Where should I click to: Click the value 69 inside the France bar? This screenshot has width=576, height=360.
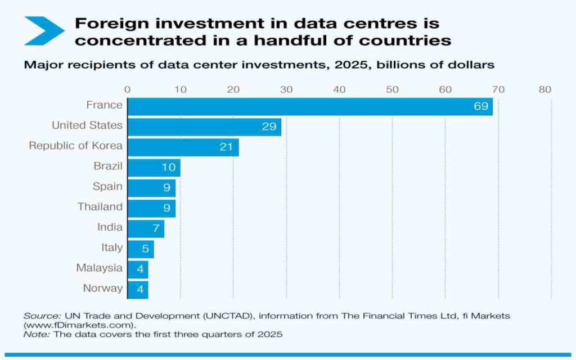click(x=480, y=106)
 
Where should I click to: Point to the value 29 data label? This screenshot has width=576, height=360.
click(x=269, y=127)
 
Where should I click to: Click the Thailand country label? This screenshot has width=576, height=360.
click(x=100, y=206)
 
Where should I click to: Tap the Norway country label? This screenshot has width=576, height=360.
click(x=102, y=288)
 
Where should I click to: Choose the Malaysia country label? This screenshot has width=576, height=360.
click(x=99, y=268)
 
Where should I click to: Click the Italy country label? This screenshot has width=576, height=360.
click(x=112, y=247)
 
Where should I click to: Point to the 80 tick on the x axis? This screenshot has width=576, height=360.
click(x=544, y=89)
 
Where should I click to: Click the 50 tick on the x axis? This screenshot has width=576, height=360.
click(x=392, y=89)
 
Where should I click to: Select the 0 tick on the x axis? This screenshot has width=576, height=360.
click(x=128, y=89)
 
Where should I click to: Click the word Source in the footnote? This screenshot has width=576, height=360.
click(x=37, y=316)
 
